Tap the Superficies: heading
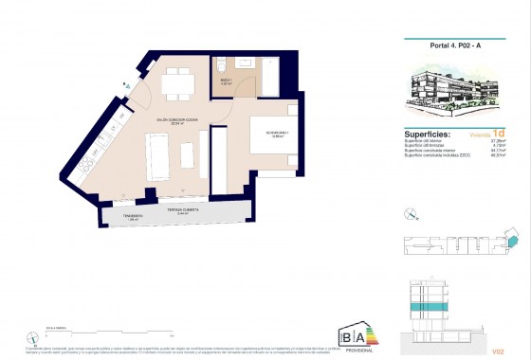(x=424, y=135)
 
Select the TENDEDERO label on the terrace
(x=132, y=217)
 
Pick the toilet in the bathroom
(x=220, y=66)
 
